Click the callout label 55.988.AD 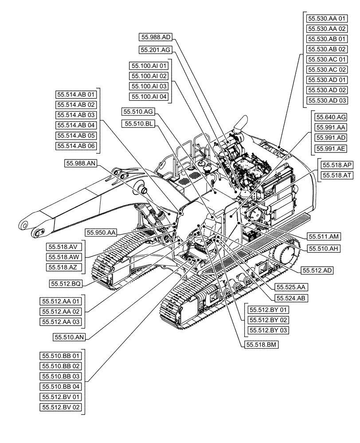pyautogui.click(x=154, y=37)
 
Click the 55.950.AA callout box pyautogui.click(x=102, y=232)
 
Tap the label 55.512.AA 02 pyautogui.click(x=62, y=311)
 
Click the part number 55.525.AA pyautogui.click(x=291, y=287)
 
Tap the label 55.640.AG pyautogui.click(x=331, y=117)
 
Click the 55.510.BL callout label pyautogui.click(x=138, y=124)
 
